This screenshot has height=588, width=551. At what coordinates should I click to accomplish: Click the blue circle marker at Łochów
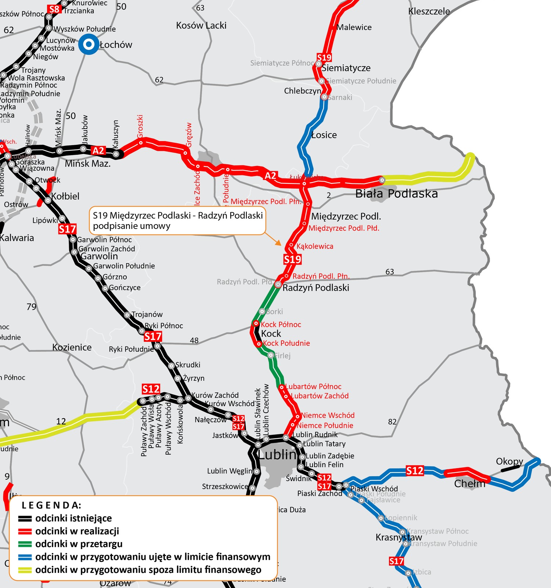pos(89,44)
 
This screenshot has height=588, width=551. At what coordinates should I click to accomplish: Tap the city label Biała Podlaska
pos(396,194)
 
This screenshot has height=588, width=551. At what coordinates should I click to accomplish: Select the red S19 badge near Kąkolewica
pos(292,259)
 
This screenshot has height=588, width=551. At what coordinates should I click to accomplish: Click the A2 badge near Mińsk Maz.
pos(98,150)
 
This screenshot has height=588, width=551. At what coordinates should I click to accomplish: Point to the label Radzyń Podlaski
pos(316,288)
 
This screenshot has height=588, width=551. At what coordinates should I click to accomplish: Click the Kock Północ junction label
pos(281,325)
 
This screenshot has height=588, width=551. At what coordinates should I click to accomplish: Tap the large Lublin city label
pos(277,455)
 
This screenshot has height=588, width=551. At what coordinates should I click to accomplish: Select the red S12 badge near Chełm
pos(415,471)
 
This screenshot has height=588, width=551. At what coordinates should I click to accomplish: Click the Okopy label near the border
pos(509,461)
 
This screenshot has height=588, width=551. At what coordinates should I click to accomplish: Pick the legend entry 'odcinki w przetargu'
pos(79,544)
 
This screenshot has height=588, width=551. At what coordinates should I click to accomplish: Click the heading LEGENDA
pos(51,505)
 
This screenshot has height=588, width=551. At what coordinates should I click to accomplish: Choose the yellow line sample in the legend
pos(25,570)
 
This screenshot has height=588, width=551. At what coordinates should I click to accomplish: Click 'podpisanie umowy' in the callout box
pos(132,226)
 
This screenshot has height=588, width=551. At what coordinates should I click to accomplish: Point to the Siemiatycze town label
pos(346,68)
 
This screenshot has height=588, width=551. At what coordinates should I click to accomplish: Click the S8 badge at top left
pos(54,9)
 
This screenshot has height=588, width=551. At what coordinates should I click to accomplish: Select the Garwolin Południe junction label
pos(124,266)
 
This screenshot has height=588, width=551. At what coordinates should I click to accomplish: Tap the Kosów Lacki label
pos(201,26)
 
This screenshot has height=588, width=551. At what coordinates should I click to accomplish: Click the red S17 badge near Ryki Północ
pos(153,336)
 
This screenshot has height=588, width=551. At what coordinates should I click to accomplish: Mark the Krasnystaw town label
pos(399,537)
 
